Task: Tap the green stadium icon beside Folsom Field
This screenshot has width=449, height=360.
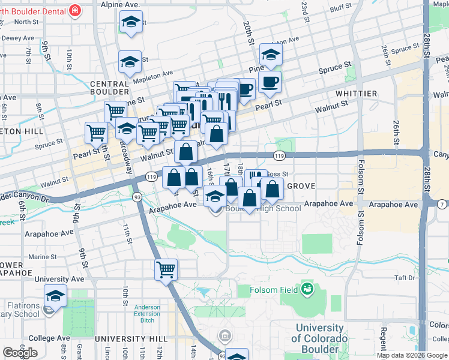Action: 308,289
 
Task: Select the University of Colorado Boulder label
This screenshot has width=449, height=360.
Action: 320,338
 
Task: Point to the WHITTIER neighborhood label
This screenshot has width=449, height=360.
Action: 357,94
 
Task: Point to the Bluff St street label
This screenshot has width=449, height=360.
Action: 340,8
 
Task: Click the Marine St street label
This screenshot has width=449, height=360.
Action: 42,257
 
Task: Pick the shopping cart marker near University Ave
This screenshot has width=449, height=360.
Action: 166,269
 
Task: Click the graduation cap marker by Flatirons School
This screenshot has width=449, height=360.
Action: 55,296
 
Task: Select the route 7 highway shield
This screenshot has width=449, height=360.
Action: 442,205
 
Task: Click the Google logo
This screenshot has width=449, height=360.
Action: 20,353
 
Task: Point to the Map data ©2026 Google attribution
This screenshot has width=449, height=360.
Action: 412,355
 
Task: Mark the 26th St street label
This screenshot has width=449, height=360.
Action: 397,133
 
